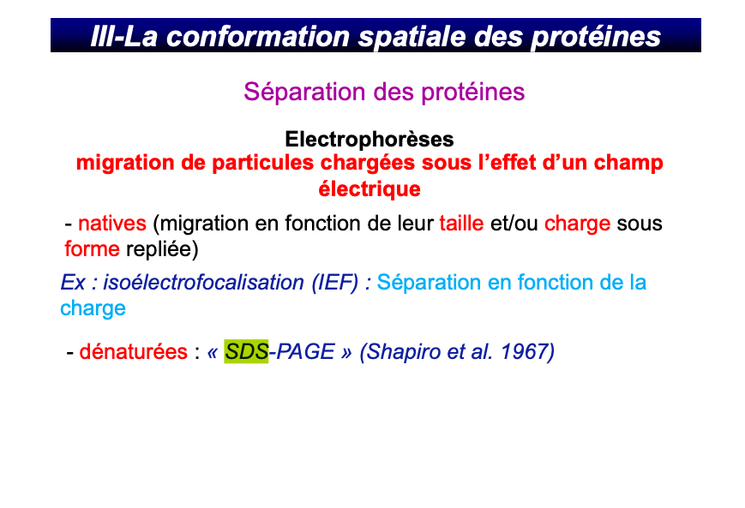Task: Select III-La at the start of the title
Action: [x=117, y=37]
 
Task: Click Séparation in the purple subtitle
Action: [x=294, y=92]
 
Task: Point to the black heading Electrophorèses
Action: [x=369, y=139]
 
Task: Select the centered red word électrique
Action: [x=369, y=188]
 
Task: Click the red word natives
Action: [x=112, y=224]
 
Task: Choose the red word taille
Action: [x=461, y=224]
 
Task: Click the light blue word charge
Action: [x=93, y=308]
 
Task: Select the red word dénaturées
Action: [x=133, y=351]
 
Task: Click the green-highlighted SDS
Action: [x=246, y=351]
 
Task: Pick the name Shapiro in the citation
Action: [x=402, y=351]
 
